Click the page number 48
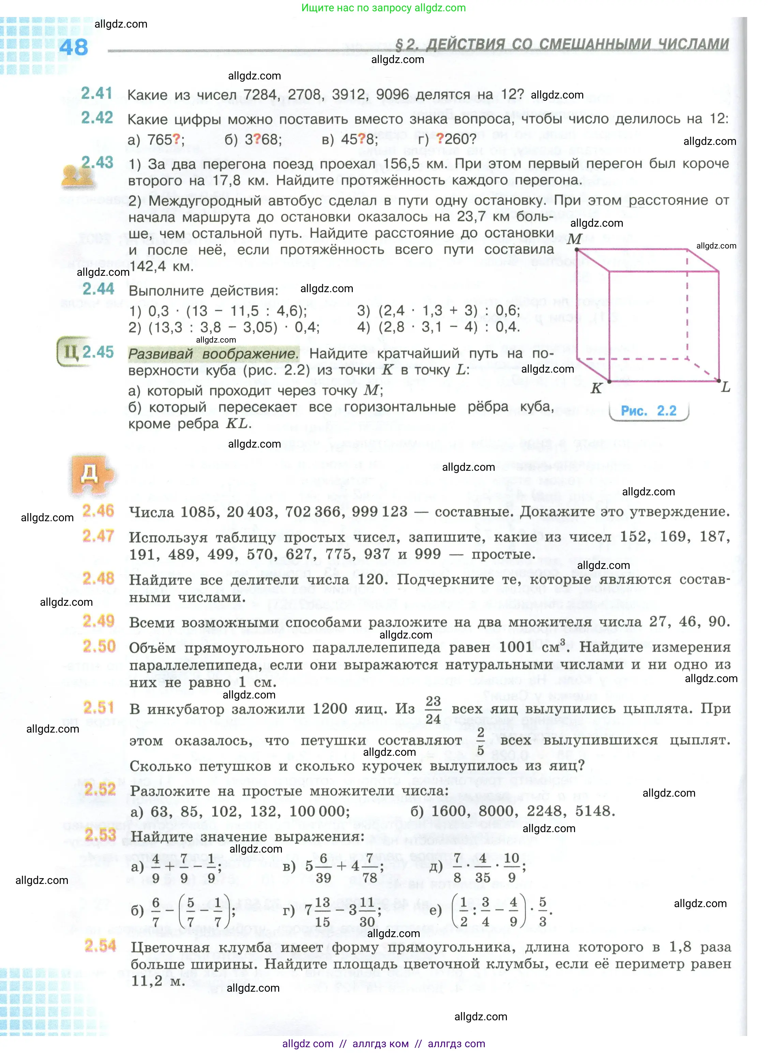pyautogui.click(x=73, y=47)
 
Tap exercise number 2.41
pyautogui.click(x=97, y=93)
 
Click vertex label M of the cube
pyautogui.click(x=575, y=239)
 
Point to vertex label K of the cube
pyautogui.click(x=596, y=389)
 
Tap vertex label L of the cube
pyautogui.click(x=726, y=387)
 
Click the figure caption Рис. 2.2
pyautogui.click(x=649, y=411)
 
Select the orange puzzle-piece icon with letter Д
pyautogui.click(x=91, y=475)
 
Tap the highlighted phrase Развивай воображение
pyautogui.click(x=213, y=354)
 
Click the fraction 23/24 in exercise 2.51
pyautogui.click(x=433, y=709)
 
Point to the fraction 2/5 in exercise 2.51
pyautogui.click(x=481, y=741)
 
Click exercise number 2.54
pyautogui.click(x=100, y=946)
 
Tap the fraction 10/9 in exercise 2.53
pyautogui.click(x=511, y=868)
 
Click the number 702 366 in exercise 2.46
pyautogui.click(x=314, y=512)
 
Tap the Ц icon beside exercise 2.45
pyautogui.click(x=70, y=352)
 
